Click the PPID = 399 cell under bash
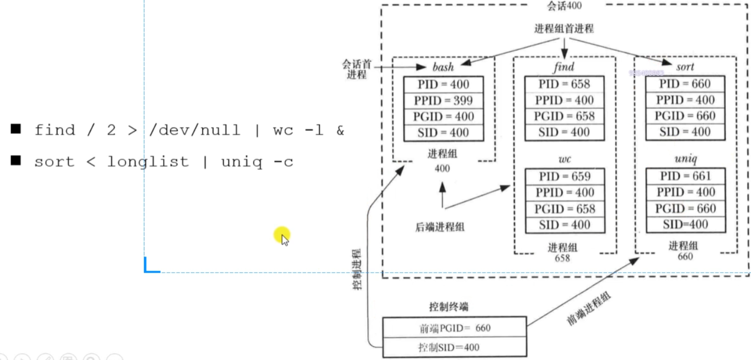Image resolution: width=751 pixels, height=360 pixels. coord(443,101)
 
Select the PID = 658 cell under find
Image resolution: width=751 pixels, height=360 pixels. coord(564,84)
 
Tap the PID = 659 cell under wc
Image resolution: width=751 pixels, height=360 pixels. coord(564,176)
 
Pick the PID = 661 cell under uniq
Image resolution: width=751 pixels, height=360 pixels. coord(685,176)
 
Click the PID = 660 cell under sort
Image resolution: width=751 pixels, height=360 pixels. coord(685,84)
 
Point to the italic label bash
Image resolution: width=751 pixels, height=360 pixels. coord(443,67)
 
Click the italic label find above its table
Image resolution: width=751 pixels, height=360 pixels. coord(564,67)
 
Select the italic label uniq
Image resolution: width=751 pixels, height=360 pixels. coord(685,159)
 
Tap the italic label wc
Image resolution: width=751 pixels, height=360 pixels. coord(564,159)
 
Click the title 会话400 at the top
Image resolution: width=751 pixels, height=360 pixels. coord(564,6)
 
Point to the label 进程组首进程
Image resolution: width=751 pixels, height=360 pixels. coord(564,29)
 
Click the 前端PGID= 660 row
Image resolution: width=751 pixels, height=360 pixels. coord(455,328)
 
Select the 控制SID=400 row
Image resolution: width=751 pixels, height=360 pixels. coord(448,348)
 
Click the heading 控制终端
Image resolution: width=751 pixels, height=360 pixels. coord(448,307)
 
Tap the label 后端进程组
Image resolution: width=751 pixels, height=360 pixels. coord(440,227)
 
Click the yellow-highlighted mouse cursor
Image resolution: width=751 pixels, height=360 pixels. coord(282,236)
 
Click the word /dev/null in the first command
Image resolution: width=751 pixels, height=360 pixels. coord(195,130)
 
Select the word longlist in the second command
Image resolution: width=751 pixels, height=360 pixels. coord(148,162)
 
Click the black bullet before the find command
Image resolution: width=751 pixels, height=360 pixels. coord(16,129)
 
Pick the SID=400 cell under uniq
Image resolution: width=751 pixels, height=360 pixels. coord(685,225)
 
